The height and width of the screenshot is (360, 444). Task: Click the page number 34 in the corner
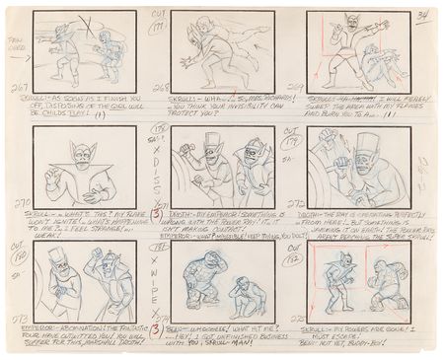tap(421, 15)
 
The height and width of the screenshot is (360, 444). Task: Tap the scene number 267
tap(17, 88)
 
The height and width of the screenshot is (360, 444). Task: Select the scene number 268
tap(161, 88)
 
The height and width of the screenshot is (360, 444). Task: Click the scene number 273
tap(17, 321)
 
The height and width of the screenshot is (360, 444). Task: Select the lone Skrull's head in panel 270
tap(81, 151)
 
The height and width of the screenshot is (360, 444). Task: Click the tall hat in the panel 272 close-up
tap(367, 145)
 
